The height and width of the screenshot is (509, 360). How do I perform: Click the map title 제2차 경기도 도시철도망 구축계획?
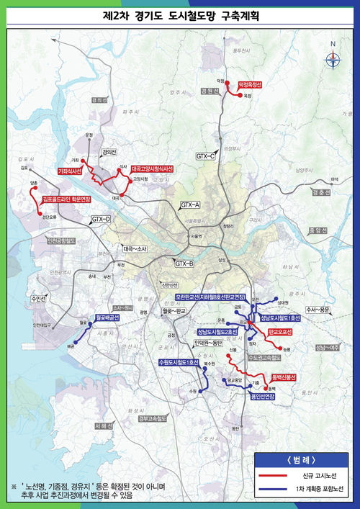[180, 15]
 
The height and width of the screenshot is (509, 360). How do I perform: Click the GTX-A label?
[190, 205]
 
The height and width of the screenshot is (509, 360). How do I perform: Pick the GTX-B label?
[184, 264]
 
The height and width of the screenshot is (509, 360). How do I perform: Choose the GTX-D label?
[101, 219]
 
